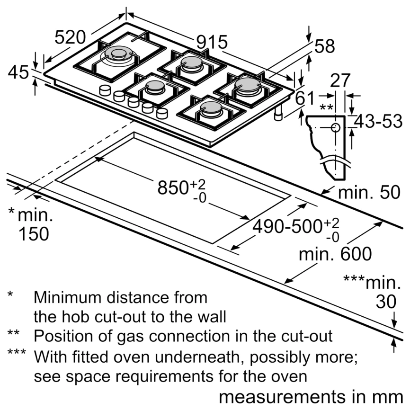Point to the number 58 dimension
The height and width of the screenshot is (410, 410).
click(x=325, y=46)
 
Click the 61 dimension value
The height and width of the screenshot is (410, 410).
click(x=305, y=98)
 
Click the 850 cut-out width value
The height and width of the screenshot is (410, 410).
click(x=173, y=188)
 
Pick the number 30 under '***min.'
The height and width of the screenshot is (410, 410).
click(x=386, y=302)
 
